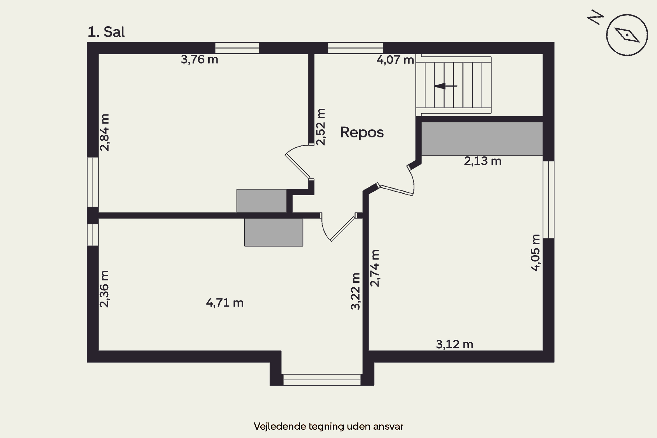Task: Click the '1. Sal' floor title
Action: (106, 32)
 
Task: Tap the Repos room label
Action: (362, 132)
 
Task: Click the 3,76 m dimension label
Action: (200, 60)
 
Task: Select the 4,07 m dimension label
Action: (395, 60)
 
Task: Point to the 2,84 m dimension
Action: (105, 132)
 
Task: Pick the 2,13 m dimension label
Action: (483, 161)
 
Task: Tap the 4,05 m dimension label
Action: (535, 253)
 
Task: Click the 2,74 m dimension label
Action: (375, 268)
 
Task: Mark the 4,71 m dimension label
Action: (225, 303)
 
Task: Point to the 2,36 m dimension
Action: (104, 289)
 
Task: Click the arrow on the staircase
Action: (445, 86)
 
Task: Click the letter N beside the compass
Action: (595, 17)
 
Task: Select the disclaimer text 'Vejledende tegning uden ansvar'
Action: (328, 426)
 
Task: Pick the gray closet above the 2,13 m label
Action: (482, 139)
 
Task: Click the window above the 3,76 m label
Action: (237, 48)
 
